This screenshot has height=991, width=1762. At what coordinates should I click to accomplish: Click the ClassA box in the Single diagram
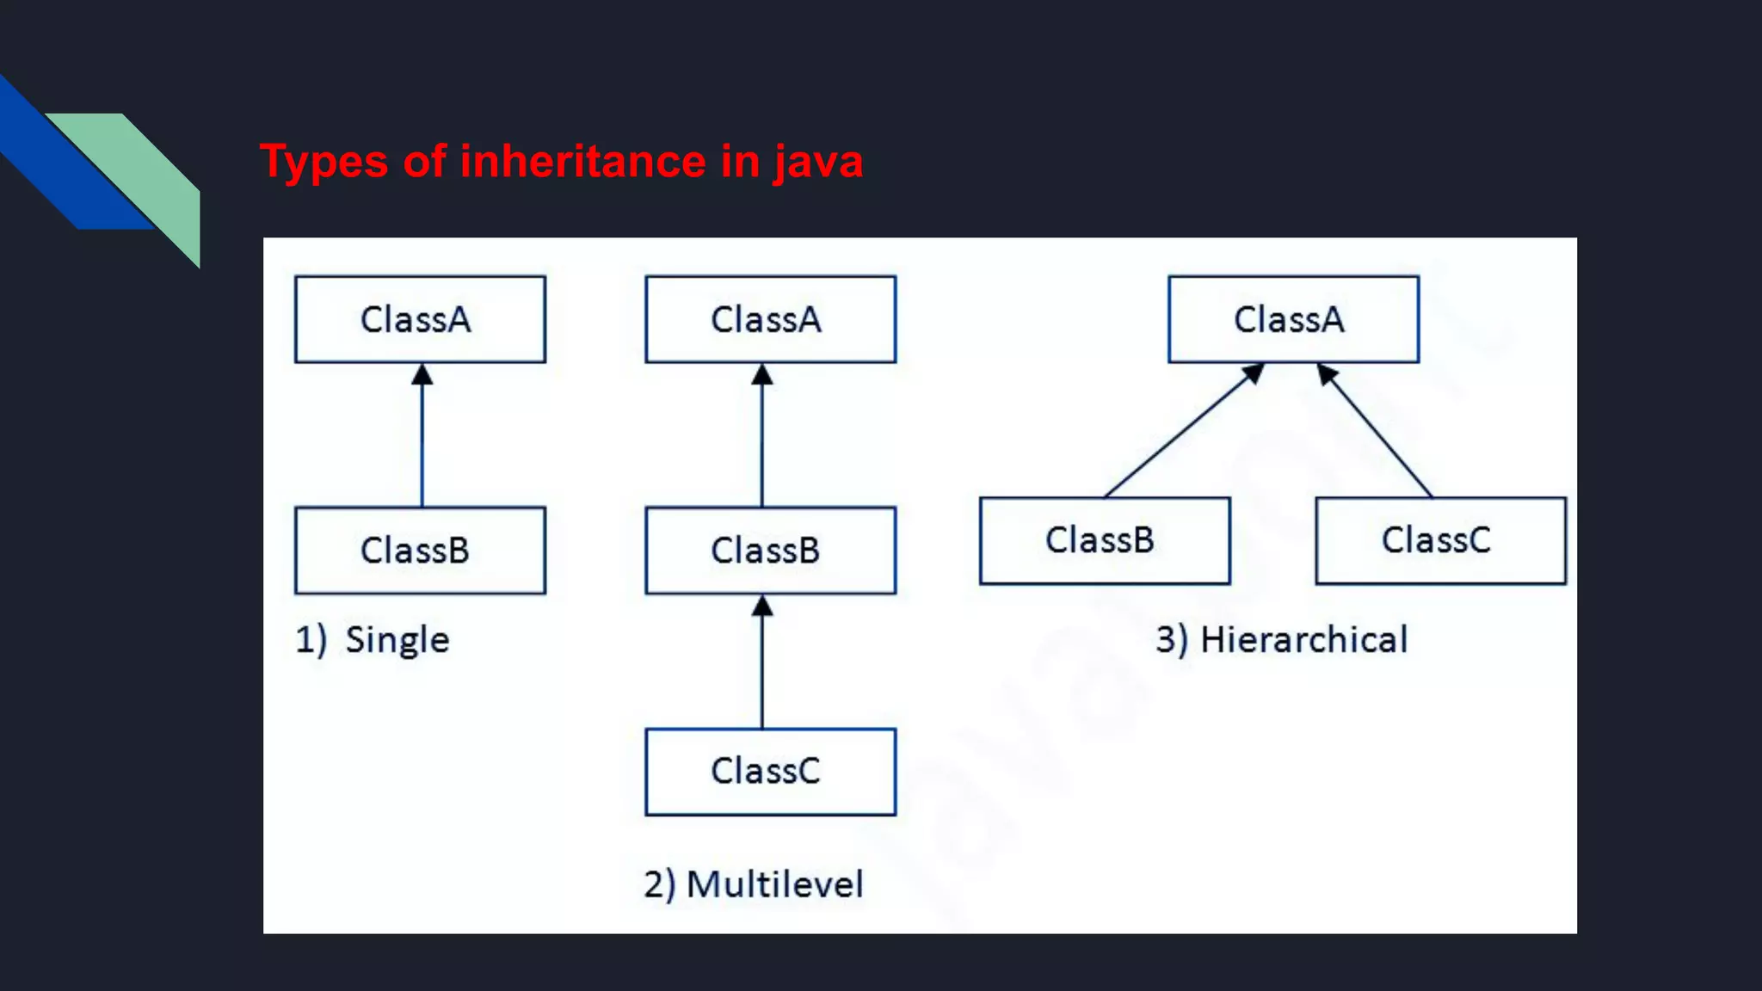point(420,319)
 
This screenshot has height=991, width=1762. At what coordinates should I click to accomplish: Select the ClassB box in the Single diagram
point(420,550)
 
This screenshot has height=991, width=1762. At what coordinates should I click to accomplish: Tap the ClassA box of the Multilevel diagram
point(770,319)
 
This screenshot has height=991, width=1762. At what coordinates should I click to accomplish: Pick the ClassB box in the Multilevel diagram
point(770,550)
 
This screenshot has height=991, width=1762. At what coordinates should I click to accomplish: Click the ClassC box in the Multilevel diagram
point(770,772)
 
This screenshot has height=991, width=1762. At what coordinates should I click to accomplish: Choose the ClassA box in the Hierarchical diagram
point(1293,319)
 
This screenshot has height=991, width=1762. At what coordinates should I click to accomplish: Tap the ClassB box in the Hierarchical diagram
point(1105,540)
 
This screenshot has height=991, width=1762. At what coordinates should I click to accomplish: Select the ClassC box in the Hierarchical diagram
point(1440,540)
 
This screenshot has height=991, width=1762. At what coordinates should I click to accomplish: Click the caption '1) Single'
point(373,640)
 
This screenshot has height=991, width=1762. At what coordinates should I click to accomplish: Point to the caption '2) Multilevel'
point(754,884)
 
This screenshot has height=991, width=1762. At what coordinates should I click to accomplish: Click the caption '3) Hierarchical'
point(1282,640)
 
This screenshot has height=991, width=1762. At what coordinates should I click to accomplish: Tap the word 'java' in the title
point(817,162)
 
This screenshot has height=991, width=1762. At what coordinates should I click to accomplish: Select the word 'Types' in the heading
point(324,162)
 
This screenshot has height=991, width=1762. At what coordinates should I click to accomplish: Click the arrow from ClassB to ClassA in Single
point(422,439)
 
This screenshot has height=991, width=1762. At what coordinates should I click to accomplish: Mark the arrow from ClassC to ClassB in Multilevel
point(762,667)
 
